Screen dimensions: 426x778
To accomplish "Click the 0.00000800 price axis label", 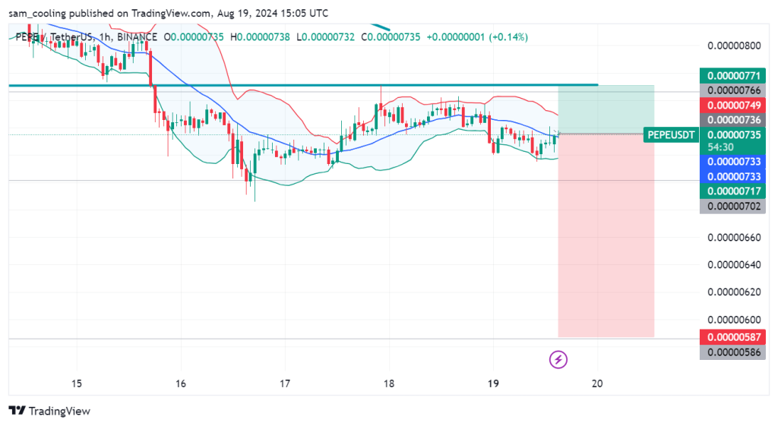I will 733,46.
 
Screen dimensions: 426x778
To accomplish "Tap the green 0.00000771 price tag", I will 733,76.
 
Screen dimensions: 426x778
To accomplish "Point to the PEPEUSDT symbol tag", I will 671,135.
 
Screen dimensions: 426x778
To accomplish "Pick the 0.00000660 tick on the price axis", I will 733,238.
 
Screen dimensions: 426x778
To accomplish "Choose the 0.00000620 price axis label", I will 733,292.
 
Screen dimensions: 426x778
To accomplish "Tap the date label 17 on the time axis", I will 285,383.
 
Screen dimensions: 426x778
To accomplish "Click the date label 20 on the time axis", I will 597,383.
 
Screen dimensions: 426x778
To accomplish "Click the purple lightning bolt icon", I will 559,358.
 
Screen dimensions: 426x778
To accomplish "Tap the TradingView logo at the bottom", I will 49,411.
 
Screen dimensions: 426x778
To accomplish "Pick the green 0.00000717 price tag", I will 733,191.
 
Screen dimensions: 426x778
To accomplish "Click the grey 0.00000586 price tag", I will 733,352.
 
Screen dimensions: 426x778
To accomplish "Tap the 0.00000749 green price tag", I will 733,105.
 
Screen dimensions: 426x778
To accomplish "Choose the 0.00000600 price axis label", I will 733,319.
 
